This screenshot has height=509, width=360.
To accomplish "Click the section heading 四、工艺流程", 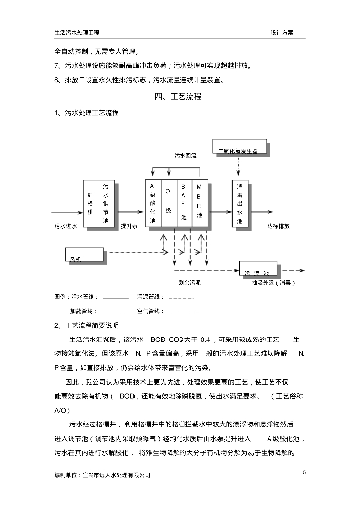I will (x=178, y=96).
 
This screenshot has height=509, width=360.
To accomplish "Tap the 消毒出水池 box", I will (x=240, y=204).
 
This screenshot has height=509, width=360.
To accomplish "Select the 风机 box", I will (x=84, y=254).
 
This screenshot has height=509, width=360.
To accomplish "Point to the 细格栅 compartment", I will (x=90, y=204).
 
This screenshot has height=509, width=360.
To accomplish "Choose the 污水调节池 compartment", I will (x=106, y=204).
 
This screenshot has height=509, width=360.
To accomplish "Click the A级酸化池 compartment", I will (x=153, y=204).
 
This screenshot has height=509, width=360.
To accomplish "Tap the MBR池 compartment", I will (x=199, y=204).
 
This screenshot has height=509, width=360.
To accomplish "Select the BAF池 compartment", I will (x=183, y=204).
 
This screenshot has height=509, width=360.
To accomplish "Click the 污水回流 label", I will (x=185, y=156).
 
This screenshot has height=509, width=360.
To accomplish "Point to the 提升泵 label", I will (x=129, y=226).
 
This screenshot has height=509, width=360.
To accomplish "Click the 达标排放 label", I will (x=278, y=226).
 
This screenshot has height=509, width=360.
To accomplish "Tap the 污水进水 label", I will (x=65, y=226).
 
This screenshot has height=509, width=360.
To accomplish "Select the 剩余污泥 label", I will (x=190, y=283).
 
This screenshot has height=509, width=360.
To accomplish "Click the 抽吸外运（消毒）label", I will (x=273, y=283).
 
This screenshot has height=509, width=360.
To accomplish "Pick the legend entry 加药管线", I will (x=83, y=311).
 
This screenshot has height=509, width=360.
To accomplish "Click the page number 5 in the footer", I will (x=304, y=472).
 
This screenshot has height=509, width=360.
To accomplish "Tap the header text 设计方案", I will (x=282, y=32).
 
